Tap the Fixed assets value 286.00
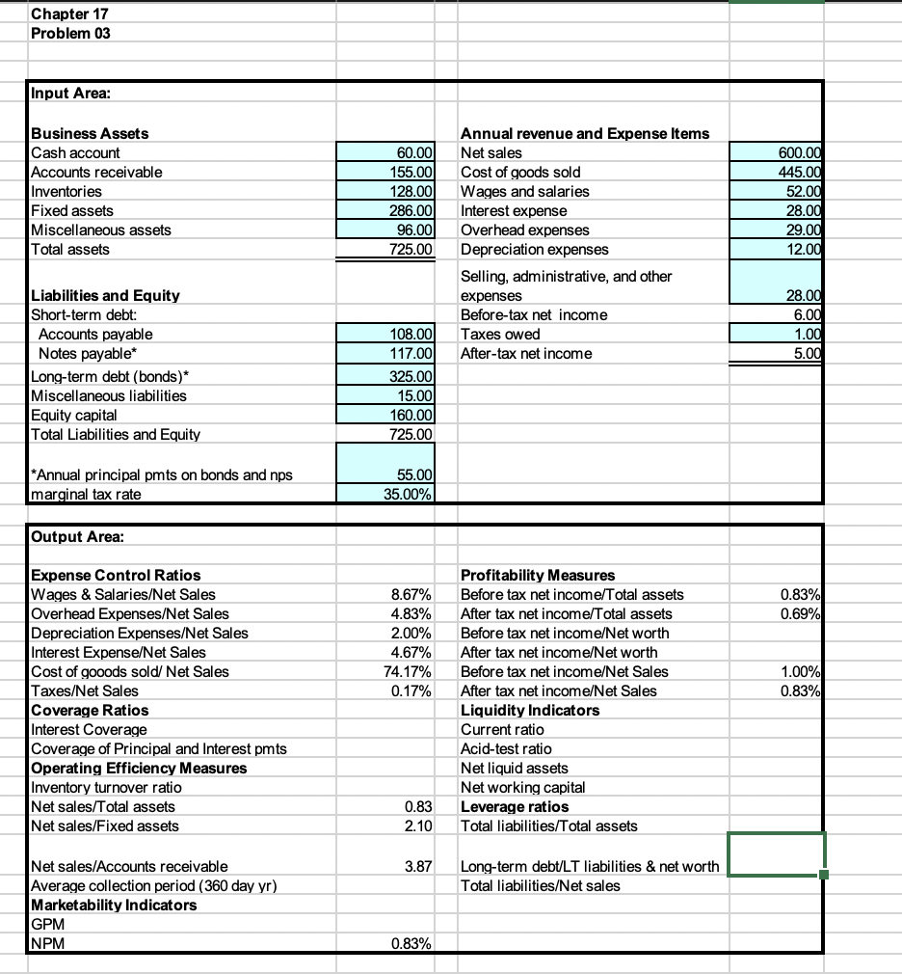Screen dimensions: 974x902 pyautogui.click(x=415, y=210)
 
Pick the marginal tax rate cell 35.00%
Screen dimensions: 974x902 pyautogui.click(x=411, y=496)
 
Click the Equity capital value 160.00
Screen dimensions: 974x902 pyautogui.click(x=415, y=415)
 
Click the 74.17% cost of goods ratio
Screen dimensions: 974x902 pyautogui.click(x=416, y=671)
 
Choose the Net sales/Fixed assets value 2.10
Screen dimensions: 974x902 pyautogui.click(x=424, y=825)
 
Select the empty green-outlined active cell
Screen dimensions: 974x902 pyautogui.click(x=776, y=855)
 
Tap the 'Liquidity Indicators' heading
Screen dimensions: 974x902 pyautogui.click(x=530, y=710)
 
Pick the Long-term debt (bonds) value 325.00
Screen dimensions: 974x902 pyautogui.click(x=415, y=376)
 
